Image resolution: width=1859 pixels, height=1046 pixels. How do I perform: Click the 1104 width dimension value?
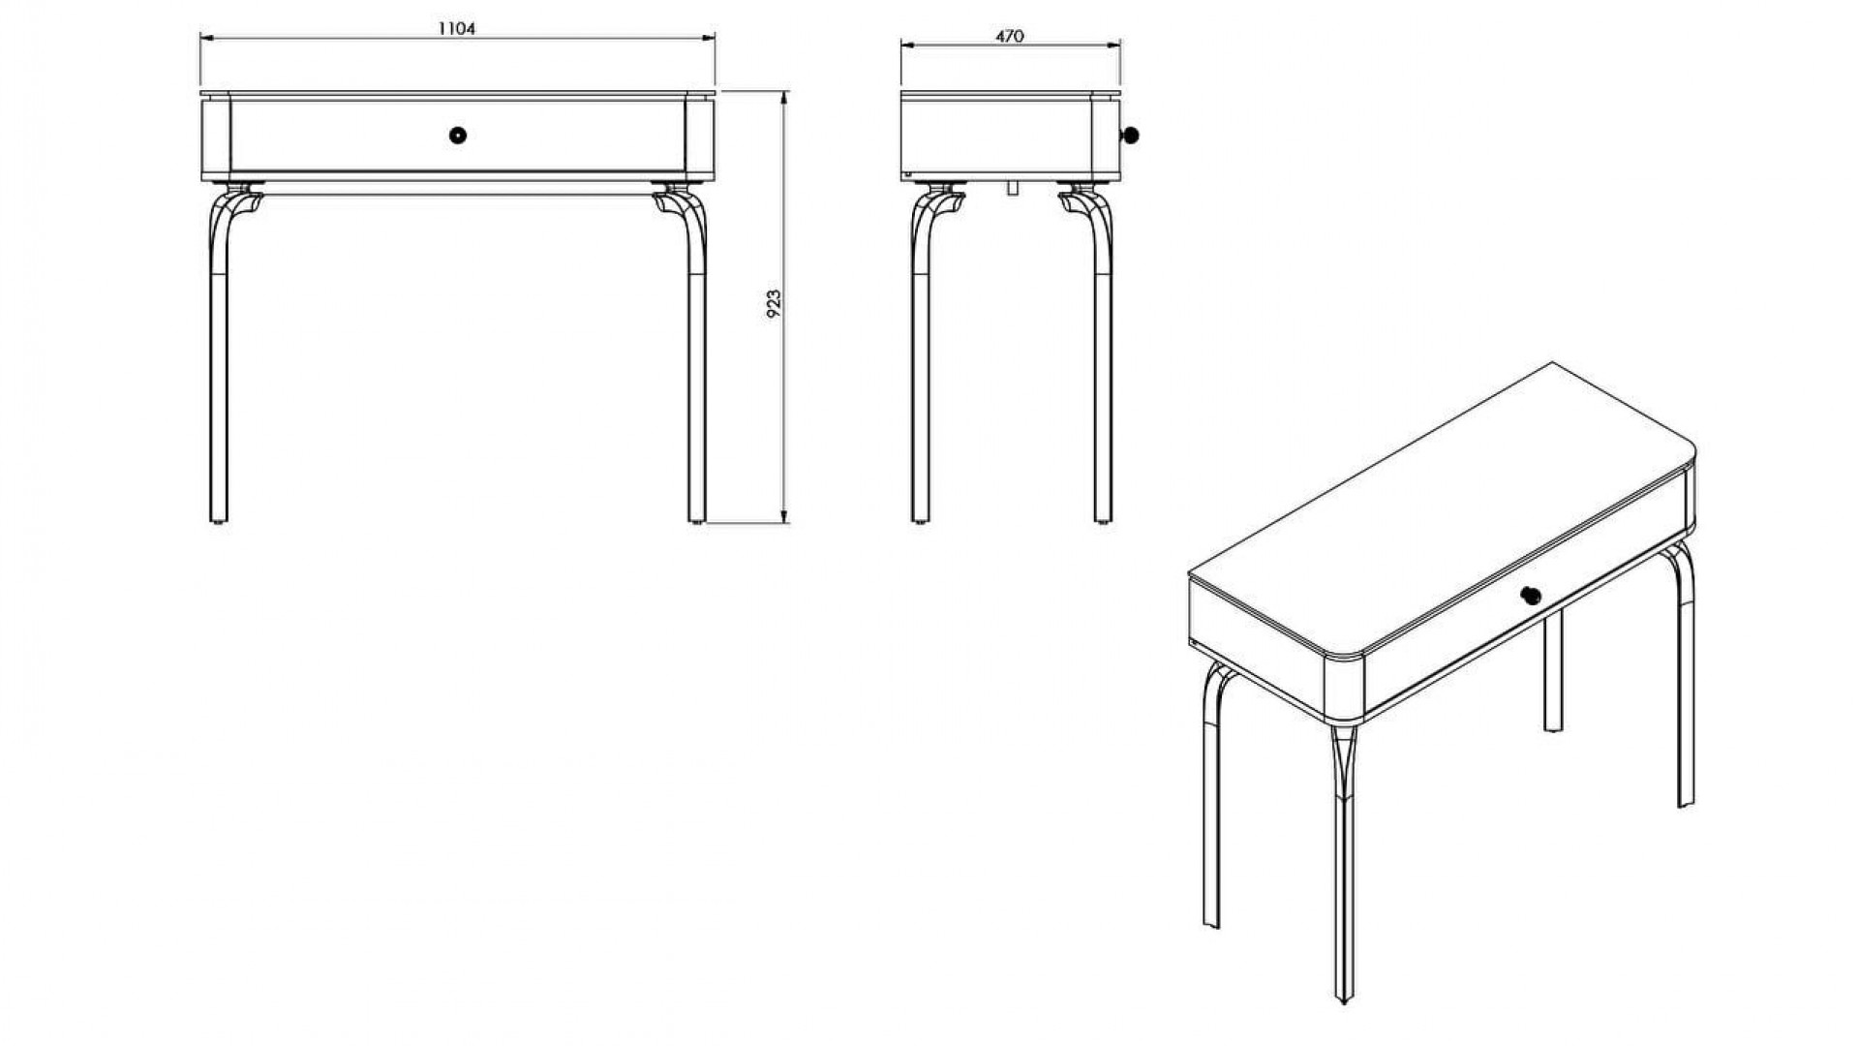coord(457,29)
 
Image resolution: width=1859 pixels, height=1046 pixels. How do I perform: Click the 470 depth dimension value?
coord(1010,36)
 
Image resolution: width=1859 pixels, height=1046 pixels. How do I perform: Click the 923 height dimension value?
coord(774,304)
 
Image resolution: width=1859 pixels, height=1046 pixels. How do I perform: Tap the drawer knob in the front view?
coord(458,135)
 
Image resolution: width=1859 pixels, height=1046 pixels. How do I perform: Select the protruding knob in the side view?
coord(1128,136)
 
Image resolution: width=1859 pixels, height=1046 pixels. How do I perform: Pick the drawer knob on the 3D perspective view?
coord(1531,595)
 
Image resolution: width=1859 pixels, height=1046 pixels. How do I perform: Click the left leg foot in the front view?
coord(219,521)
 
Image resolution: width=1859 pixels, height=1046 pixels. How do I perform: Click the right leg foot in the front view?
coord(697,521)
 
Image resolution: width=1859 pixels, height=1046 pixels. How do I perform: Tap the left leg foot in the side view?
coord(922,521)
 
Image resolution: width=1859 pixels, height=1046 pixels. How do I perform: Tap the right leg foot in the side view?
coord(1104,521)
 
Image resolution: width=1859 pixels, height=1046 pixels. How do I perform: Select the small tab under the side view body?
coord(1011,187)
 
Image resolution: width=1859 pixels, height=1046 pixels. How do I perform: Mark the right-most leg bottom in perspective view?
coord(1686,800)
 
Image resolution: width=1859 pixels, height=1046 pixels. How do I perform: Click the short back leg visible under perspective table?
coord(1553,672)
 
